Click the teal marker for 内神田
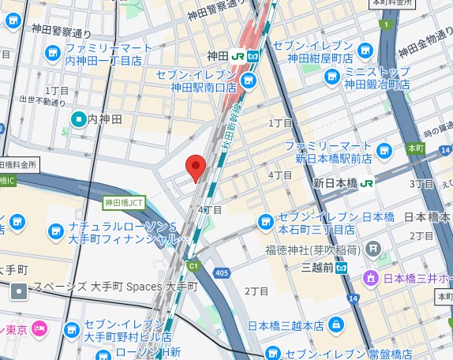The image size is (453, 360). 78,119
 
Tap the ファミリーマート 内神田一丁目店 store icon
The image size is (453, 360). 54,53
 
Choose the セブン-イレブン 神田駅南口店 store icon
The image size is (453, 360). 250,81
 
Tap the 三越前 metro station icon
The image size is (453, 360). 342,267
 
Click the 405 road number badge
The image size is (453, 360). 220,273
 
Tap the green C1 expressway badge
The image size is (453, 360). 193,266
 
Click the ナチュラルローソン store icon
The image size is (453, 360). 54,231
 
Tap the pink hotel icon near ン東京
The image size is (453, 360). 39,328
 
